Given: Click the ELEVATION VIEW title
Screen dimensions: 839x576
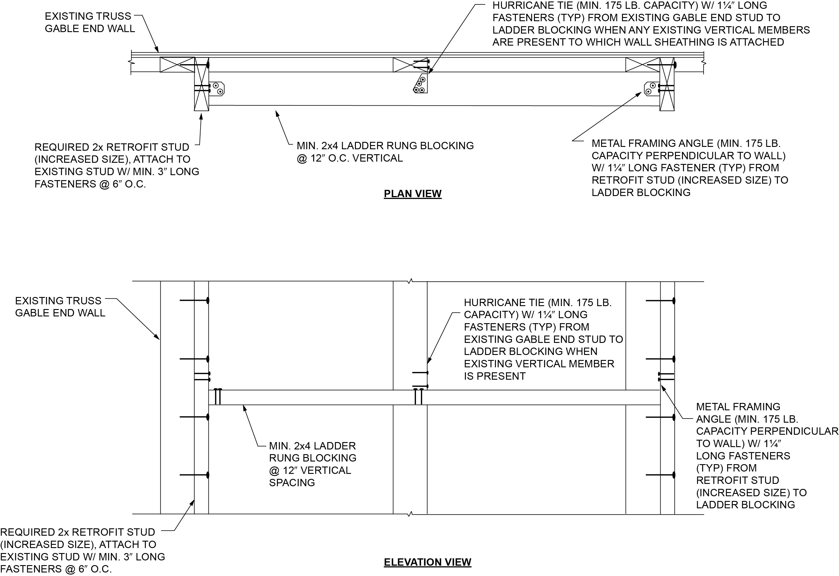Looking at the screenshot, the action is tap(427, 562).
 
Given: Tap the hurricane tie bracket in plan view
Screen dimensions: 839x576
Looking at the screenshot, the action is tap(421, 83).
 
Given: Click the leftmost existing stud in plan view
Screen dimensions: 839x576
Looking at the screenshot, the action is tap(177, 64).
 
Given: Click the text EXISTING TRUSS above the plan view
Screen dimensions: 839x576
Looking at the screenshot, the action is tap(88, 16).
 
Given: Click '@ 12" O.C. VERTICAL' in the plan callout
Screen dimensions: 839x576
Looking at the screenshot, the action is tap(349, 158).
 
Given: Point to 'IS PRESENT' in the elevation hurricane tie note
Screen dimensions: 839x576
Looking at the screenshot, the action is tap(495, 376).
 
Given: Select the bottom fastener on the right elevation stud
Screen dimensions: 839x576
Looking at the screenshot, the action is tap(660, 475).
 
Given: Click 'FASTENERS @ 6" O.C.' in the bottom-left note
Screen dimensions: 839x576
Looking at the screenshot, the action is tap(56, 569).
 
